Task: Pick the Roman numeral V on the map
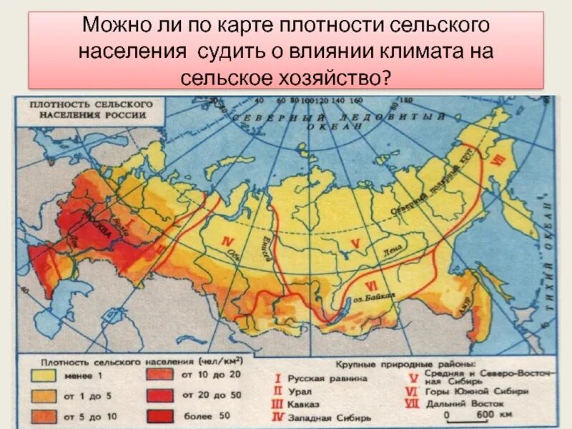pos(355,244)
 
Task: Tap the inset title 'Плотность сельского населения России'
pos(88,109)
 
